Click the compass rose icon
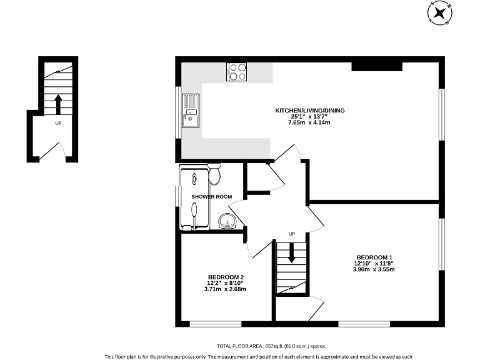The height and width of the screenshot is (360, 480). [x=440, y=12]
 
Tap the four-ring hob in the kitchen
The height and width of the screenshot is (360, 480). [x=236, y=72]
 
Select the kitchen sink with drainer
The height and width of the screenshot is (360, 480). [x=190, y=110]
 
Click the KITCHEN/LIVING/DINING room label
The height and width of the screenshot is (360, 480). [x=311, y=111]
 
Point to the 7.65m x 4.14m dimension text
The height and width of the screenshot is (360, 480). [x=309, y=122]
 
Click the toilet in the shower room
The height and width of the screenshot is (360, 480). [x=215, y=174]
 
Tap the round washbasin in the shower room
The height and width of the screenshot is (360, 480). [x=227, y=221]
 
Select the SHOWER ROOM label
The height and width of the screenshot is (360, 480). [x=212, y=197]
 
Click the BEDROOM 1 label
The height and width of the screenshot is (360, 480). [x=374, y=257]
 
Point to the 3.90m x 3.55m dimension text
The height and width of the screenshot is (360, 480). [x=374, y=270]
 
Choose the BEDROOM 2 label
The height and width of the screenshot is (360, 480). [x=226, y=277]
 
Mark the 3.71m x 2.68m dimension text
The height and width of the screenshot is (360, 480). [x=226, y=289]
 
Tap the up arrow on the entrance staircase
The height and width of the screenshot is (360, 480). [x=58, y=102]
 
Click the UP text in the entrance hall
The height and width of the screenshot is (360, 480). [x=58, y=124]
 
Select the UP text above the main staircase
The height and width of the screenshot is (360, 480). [x=291, y=234]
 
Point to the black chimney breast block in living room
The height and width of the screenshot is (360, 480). [x=377, y=66]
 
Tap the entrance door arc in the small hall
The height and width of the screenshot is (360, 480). [x=52, y=150]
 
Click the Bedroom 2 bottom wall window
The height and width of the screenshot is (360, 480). [x=215, y=324]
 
